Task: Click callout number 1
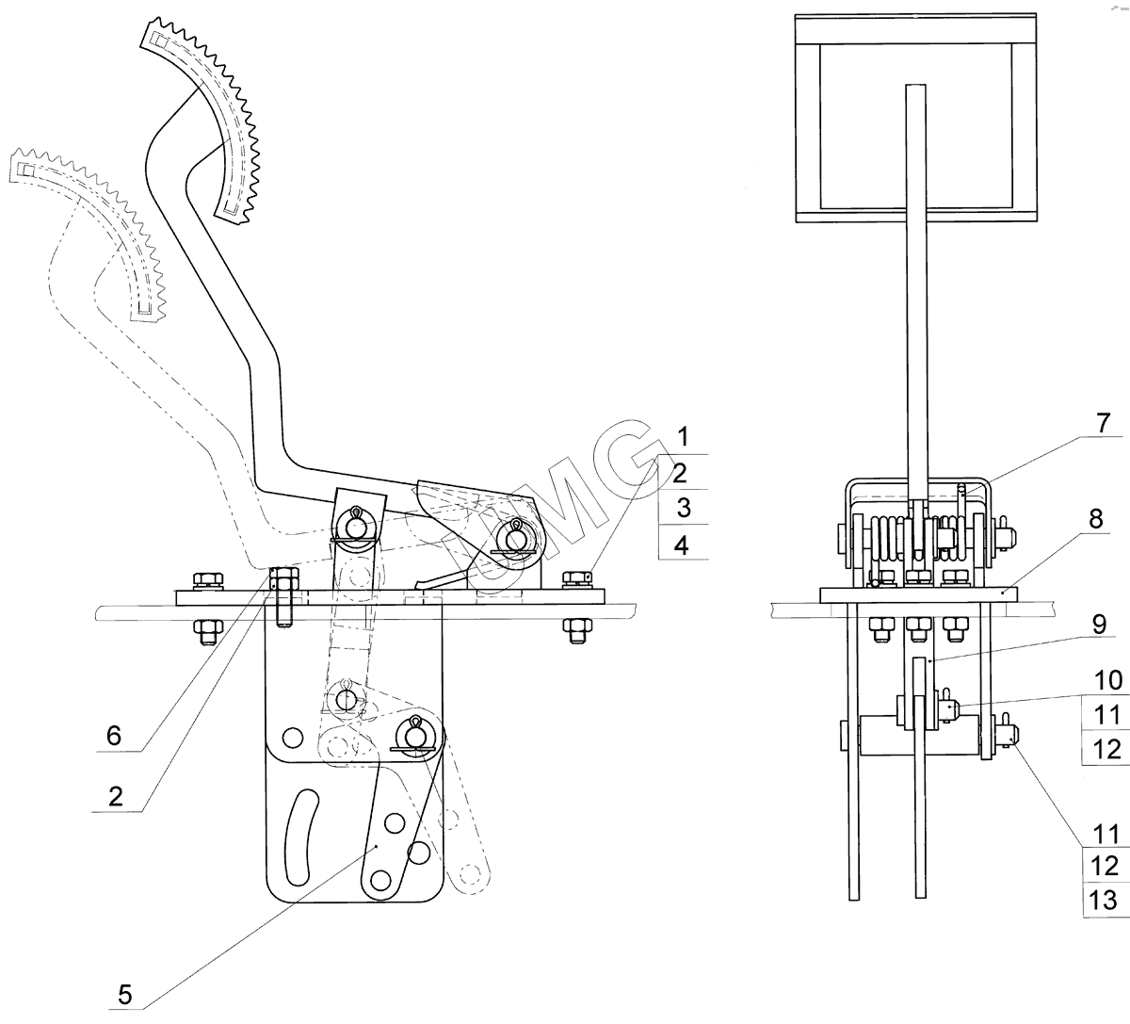(683, 436)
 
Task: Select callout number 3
(684, 507)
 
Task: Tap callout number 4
(682, 545)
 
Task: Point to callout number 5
(124, 995)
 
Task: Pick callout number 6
(114, 736)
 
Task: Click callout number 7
(1103, 423)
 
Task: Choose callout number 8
(1096, 518)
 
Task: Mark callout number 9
(1099, 624)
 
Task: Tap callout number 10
(1108, 680)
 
